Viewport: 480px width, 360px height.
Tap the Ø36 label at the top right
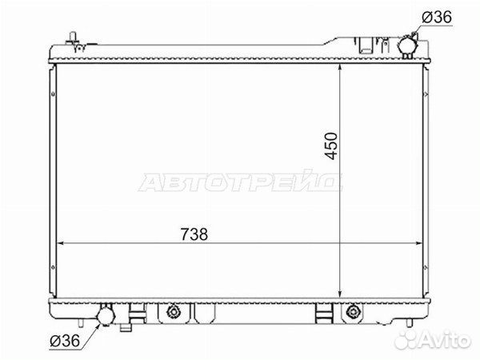[x=438, y=18]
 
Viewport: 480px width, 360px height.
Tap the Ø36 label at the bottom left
[x=63, y=342]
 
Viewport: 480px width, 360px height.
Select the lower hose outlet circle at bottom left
[x=104, y=318]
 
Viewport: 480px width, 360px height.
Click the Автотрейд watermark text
[x=241, y=183]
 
